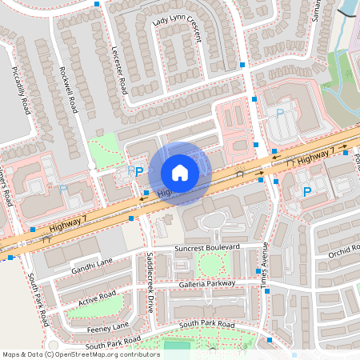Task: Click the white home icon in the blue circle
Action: point(180,172)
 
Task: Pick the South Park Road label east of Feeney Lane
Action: point(206,324)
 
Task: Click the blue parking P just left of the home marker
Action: point(138,171)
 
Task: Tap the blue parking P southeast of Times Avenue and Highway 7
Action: point(306,191)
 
